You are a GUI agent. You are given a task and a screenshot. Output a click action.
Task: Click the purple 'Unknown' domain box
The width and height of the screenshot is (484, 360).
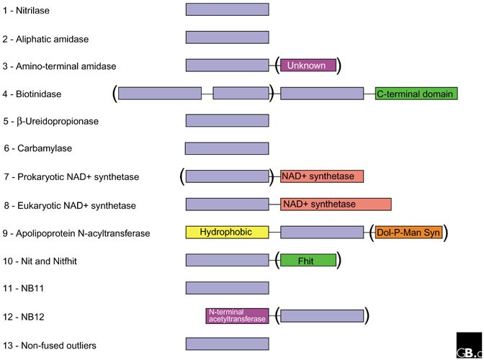(308, 66)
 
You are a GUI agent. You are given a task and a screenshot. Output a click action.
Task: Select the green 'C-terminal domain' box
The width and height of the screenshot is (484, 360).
(416, 94)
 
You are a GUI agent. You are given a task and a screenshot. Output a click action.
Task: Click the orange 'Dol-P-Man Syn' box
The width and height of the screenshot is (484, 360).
(408, 233)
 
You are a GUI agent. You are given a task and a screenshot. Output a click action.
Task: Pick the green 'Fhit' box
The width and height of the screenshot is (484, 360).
(308, 260)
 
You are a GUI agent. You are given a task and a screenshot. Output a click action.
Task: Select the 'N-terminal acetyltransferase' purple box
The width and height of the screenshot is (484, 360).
(237, 315)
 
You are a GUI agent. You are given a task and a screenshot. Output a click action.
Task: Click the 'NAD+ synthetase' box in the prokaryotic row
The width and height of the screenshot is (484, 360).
(322, 176)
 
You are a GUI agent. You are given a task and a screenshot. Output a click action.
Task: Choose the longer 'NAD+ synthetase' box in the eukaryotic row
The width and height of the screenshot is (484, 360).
(336, 204)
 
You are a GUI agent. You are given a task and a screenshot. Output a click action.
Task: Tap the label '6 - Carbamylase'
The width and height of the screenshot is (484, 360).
(37, 148)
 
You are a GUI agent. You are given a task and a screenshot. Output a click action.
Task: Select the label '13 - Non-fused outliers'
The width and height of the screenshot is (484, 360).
(50, 346)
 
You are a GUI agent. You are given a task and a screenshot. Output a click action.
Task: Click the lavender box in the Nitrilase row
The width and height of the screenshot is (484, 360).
(227, 9)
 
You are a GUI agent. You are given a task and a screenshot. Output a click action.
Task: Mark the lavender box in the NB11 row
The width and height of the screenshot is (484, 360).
(227, 288)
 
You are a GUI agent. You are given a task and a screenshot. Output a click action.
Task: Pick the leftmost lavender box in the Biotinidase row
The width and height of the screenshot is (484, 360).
(159, 94)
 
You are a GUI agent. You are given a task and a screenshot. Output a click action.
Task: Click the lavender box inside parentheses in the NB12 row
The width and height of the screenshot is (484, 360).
(322, 315)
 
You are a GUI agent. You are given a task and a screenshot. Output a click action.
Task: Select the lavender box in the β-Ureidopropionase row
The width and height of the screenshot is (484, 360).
(227, 120)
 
